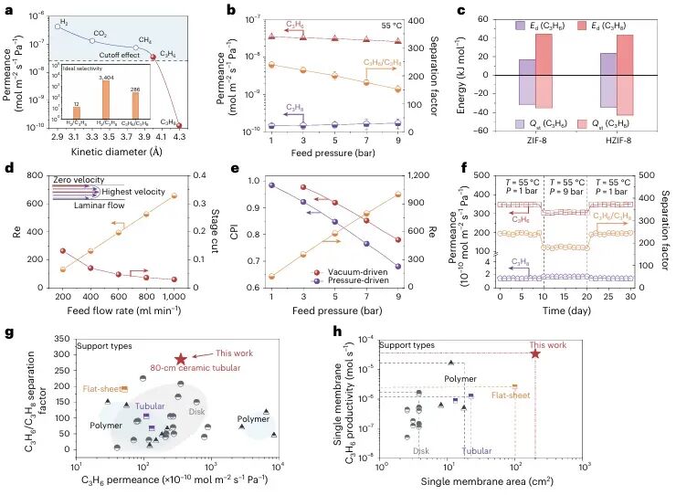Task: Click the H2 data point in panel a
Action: click(58, 26)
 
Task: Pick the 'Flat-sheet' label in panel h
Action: click(526, 395)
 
